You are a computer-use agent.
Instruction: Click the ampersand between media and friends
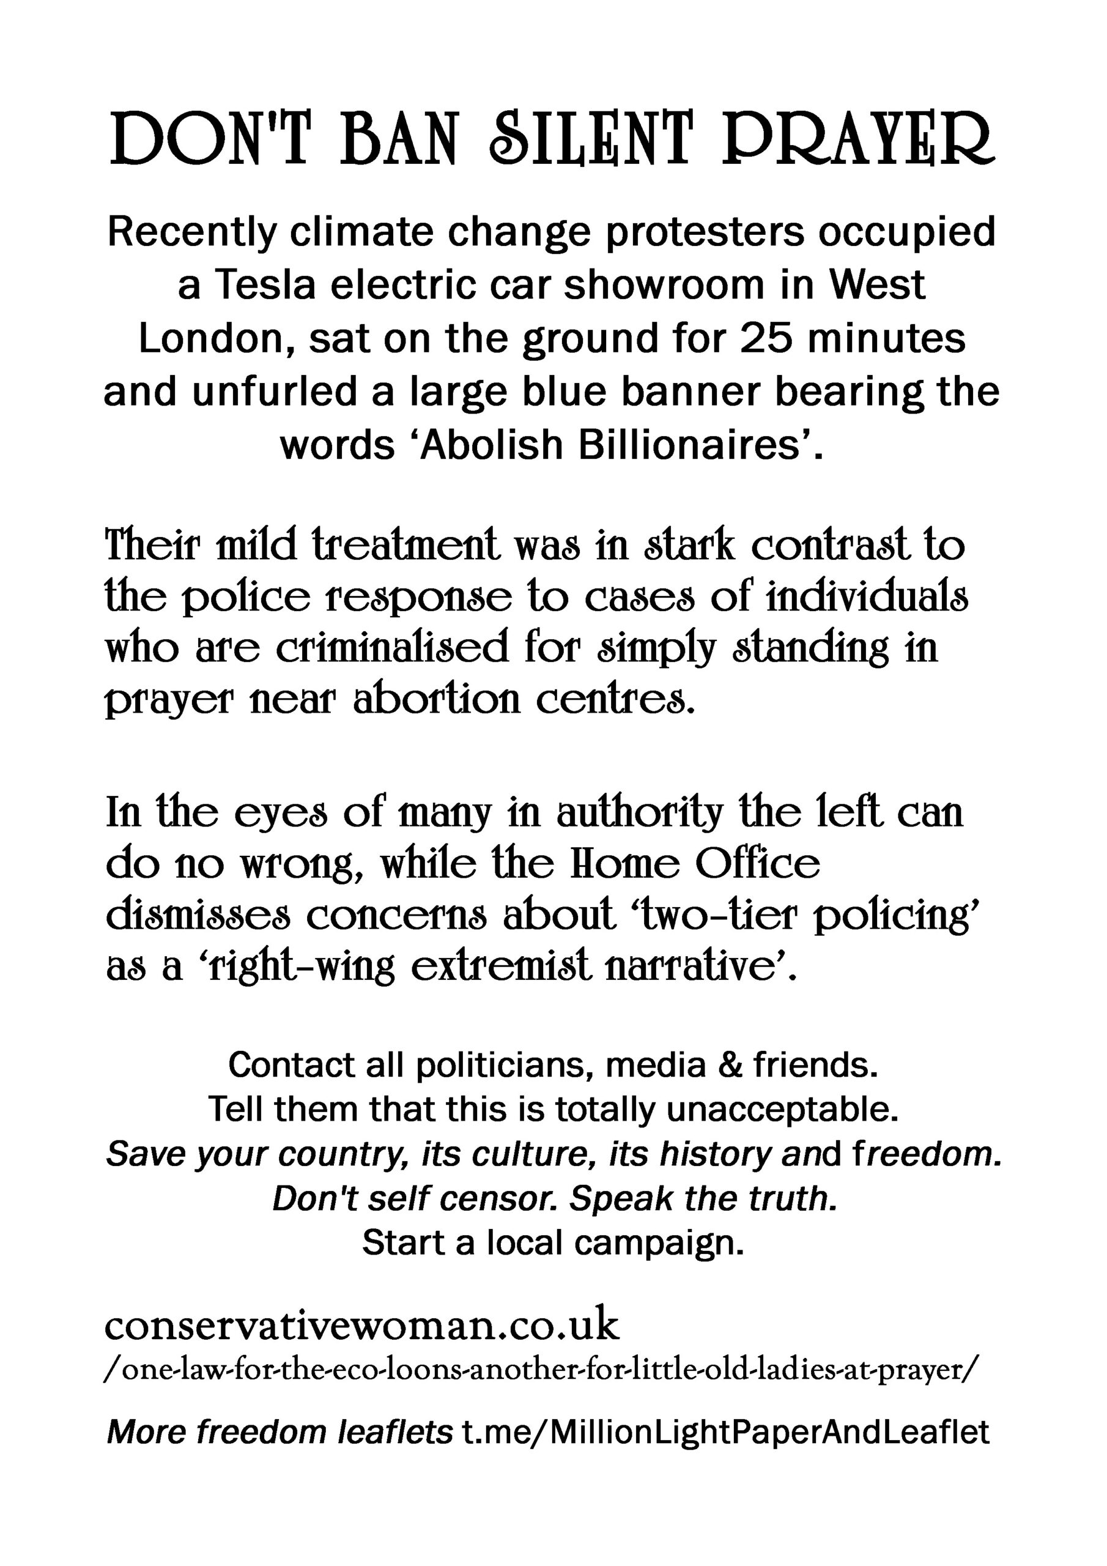[730, 1064]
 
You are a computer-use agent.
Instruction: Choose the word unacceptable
[782, 1110]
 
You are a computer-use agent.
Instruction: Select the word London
[217, 338]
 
